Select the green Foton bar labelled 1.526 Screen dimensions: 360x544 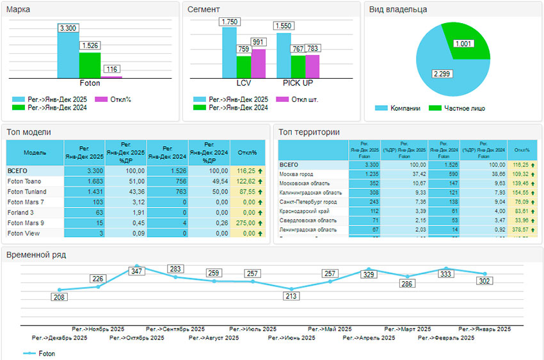point(90,65)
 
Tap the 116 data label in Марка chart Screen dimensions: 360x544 point(112,69)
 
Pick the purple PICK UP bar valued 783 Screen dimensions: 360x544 point(312,66)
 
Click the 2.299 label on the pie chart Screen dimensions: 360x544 point(440,74)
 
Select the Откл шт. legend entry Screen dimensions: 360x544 point(300,99)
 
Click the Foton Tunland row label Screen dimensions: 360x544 point(27,192)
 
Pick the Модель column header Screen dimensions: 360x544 point(35,153)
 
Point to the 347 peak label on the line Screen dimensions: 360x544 point(136,272)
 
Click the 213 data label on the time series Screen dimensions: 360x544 point(291,296)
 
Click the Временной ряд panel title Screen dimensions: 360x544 point(36,255)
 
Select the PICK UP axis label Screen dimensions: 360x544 point(298,83)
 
